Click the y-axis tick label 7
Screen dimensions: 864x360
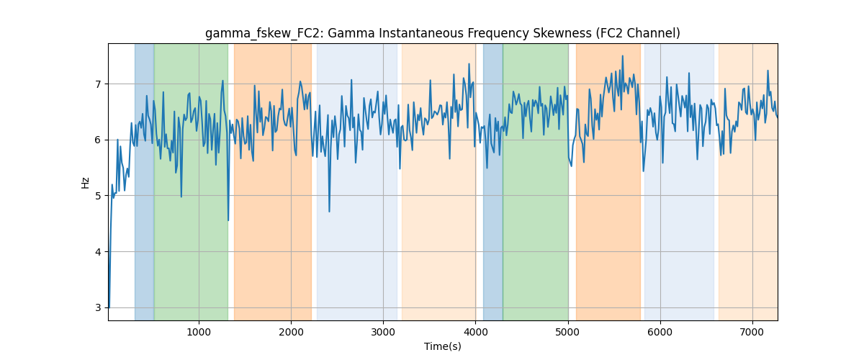98,84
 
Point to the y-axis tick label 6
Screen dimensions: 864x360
98,140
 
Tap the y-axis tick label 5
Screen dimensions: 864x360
98,196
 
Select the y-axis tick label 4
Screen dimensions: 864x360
98,252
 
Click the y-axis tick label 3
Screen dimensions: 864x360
98,308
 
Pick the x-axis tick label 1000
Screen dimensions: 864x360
199,332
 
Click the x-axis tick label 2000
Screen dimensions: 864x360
291,332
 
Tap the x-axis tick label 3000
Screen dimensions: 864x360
383,332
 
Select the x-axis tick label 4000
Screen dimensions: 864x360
476,332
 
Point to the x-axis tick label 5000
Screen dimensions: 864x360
568,332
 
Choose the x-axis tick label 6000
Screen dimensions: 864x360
660,332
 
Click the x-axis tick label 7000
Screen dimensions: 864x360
752,332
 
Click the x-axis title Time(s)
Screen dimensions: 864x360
443,346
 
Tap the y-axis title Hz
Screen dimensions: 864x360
85,183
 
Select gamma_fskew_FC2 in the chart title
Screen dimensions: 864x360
265,34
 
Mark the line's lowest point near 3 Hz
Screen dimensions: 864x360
109,307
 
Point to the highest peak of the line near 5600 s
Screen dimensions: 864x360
623,56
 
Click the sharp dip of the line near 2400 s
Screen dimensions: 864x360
329,212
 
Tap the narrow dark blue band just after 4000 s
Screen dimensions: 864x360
493,181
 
